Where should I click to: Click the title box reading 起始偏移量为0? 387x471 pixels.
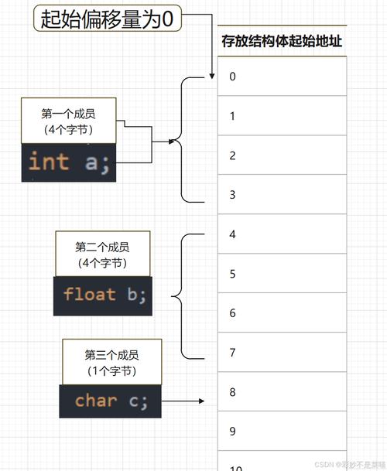click(x=108, y=19)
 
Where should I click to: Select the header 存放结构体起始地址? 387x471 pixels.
click(x=283, y=42)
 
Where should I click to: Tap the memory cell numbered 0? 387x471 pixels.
click(x=283, y=77)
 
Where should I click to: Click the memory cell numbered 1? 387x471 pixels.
click(x=283, y=116)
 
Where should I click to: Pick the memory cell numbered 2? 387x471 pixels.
click(x=283, y=155)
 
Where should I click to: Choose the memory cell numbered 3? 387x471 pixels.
click(x=283, y=195)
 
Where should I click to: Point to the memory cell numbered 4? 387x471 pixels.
click(x=283, y=234)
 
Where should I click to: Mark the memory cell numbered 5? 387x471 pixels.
click(x=283, y=274)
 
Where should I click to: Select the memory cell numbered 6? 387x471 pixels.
click(x=283, y=313)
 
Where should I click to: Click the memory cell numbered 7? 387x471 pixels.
click(x=283, y=353)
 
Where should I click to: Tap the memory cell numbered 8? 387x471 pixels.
click(x=283, y=392)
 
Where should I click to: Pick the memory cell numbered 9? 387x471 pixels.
click(x=283, y=432)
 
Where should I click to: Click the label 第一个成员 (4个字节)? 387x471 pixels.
click(x=68, y=121)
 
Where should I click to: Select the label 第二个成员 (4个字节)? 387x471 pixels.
click(x=102, y=254)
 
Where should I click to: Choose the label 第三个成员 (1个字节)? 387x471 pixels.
click(x=111, y=362)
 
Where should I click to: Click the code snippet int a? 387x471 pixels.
click(x=68, y=162)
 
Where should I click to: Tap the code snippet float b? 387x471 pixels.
click(x=103, y=295)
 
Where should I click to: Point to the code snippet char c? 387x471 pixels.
click(x=110, y=401)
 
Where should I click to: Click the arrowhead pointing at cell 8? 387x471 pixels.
click(x=202, y=401)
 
